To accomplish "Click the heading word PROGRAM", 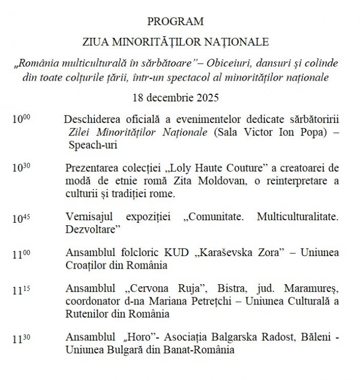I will [x=176, y=22].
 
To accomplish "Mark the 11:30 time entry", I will [x=22, y=338].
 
